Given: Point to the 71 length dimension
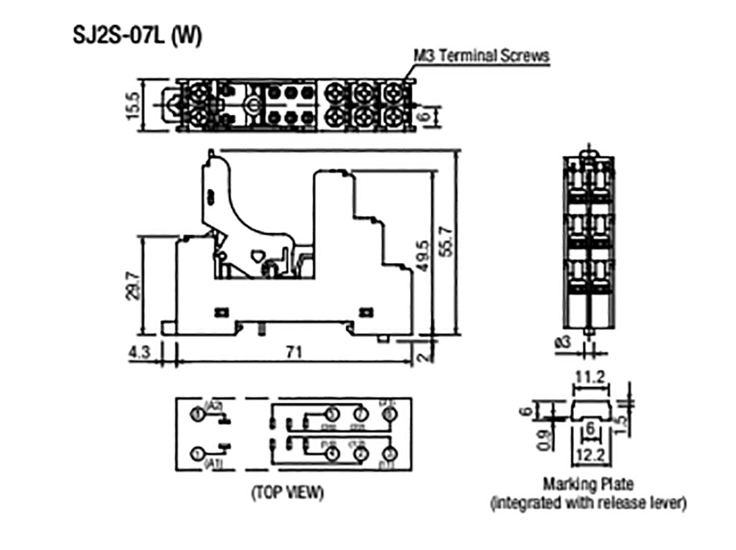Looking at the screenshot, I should click(x=294, y=352).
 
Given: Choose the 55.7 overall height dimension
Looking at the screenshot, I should click(x=447, y=242).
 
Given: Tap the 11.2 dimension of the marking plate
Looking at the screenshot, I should click(x=590, y=378).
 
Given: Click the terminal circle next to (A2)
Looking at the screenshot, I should click(x=198, y=414).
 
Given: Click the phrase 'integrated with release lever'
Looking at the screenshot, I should click(x=589, y=503).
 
